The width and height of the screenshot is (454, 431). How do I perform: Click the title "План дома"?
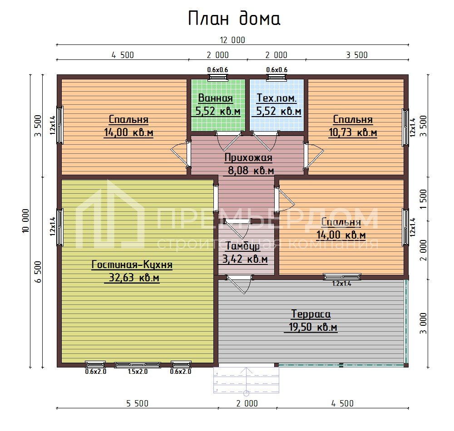click(x=234, y=19)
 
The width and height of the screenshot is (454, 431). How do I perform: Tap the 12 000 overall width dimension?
click(x=232, y=40)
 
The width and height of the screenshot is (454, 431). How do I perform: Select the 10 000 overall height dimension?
click(x=25, y=221)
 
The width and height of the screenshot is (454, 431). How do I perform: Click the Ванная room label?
click(x=215, y=98)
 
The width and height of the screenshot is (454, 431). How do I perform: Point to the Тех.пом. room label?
click(x=276, y=98)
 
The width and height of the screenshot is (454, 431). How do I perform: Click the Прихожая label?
click(x=248, y=157)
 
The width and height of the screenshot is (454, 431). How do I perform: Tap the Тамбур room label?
click(x=242, y=246)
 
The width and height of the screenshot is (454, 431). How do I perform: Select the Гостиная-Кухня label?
click(x=132, y=264)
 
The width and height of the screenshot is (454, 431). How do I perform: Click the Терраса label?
click(x=311, y=314)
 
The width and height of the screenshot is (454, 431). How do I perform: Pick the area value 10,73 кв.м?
click(x=353, y=132)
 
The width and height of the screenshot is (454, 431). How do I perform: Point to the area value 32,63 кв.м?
click(x=134, y=278)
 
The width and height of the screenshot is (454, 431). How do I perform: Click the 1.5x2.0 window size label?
click(x=138, y=372)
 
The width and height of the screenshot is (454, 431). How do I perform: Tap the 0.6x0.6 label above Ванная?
click(x=217, y=70)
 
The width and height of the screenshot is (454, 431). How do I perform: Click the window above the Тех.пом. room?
click(x=276, y=77)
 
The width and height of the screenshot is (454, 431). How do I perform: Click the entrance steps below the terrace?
click(x=247, y=380)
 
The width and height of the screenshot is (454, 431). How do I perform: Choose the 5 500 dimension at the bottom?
click(x=137, y=403)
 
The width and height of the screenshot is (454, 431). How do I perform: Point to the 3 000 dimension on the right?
click(x=423, y=323)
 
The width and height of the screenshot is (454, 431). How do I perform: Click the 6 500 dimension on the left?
click(x=38, y=272)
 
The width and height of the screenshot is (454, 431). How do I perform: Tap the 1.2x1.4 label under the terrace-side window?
click(x=342, y=284)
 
